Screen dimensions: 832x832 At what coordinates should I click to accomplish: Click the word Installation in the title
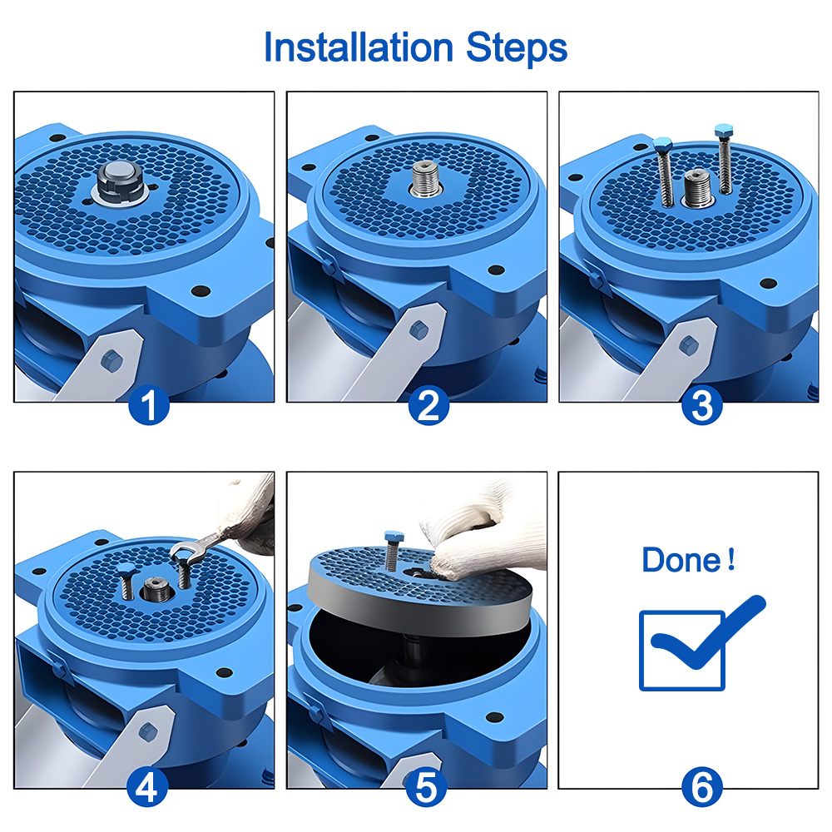(358, 47)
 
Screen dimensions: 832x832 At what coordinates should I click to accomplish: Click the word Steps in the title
(517, 49)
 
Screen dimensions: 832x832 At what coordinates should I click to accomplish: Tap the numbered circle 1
(149, 405)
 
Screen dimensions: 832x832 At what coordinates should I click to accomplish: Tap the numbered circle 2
(428, 405)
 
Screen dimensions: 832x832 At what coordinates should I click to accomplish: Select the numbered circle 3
(701, 405)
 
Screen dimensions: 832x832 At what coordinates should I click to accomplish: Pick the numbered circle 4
(147, 786)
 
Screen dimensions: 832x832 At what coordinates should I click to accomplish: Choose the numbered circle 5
(426, 786)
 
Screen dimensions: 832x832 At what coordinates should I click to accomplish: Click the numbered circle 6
(701, 787)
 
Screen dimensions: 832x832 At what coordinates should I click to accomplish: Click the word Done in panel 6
(681, 560)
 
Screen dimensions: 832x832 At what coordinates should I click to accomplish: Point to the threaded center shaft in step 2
(427, 178)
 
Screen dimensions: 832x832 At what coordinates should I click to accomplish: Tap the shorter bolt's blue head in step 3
(663, 144)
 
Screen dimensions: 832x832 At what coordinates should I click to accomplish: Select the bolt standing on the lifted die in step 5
(393, 550)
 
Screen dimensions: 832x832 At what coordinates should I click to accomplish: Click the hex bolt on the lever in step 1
(111, 362)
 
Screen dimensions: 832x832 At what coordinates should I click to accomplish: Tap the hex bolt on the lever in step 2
(418, 330)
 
